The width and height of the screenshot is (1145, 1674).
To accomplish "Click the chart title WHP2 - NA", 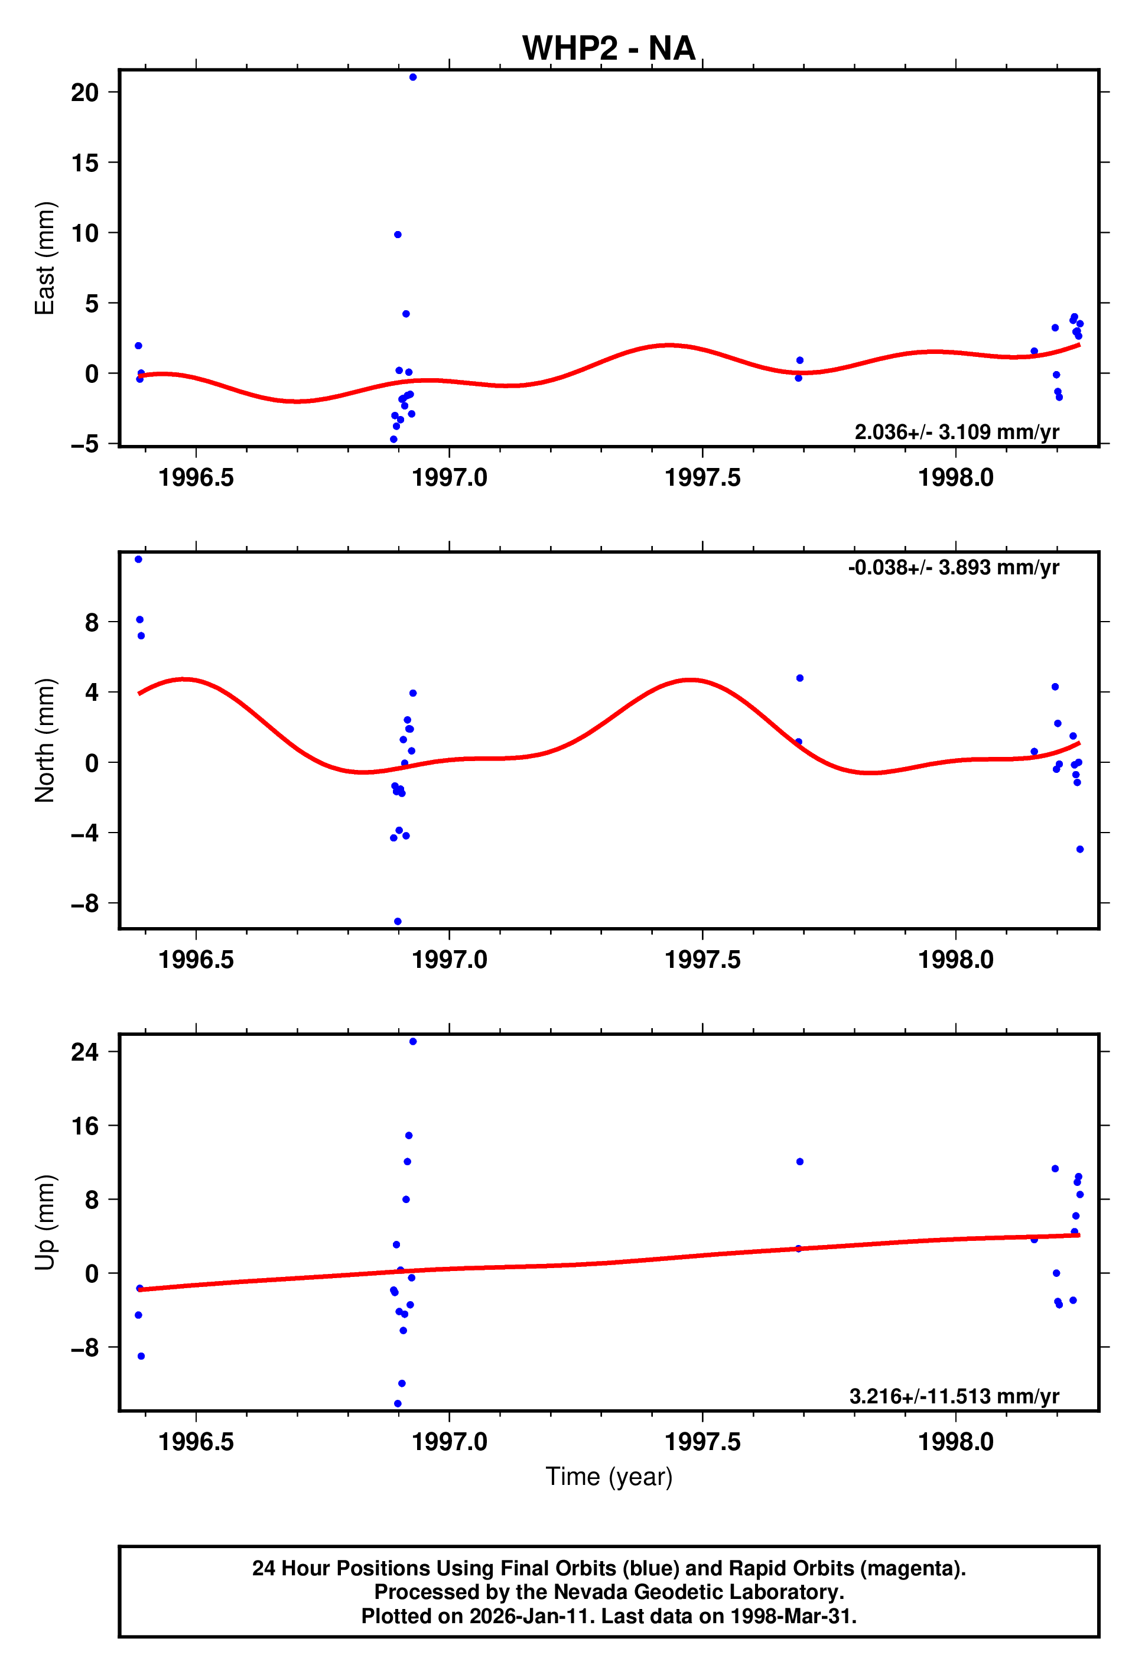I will tap(609, 48).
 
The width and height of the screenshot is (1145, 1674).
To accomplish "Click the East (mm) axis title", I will tap(45, 258).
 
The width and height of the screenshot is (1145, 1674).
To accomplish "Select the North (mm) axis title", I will tap(45, 740).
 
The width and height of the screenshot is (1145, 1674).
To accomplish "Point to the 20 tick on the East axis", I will tap(85, 92).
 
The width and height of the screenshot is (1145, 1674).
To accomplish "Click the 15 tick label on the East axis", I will tap(85, 162).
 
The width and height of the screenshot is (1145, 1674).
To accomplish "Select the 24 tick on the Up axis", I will tap(85, 1052).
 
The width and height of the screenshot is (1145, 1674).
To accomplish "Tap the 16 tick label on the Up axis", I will tap(85, 1126).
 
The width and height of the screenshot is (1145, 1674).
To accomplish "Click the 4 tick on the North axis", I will tap(92, 692).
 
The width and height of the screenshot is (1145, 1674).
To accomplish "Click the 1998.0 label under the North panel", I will tap(955, 960).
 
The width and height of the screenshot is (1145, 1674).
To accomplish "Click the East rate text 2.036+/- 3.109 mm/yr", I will tap(957, 431).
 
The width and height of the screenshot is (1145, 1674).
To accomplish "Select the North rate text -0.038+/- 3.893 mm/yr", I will tap(954, 568).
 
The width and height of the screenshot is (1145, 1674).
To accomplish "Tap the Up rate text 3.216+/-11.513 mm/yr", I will tap(954, 1396).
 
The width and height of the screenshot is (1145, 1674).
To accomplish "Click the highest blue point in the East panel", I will tap(412, 77).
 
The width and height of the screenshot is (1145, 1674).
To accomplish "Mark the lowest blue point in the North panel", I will tap(398, 921).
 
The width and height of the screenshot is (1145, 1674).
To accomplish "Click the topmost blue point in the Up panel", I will tap(412, 1042).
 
